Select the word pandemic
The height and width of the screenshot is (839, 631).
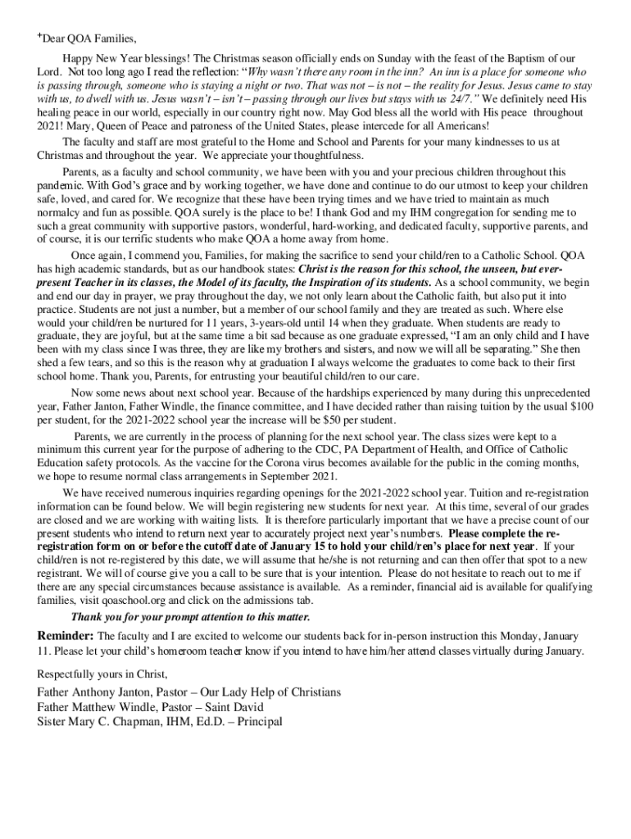[58, 186]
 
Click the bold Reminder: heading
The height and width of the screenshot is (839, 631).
[66, 636]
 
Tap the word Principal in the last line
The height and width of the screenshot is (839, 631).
[254, 722]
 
